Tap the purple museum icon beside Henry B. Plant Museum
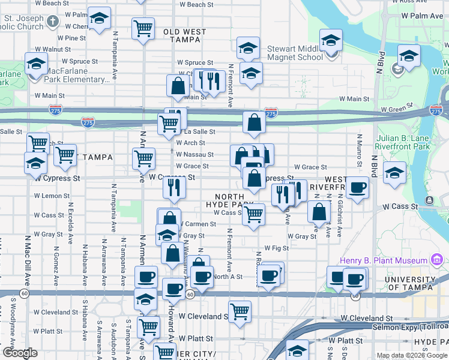[437, 260]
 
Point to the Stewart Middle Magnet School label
[292, 53]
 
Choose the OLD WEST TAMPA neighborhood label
[185, 35]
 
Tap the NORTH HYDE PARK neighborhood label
[229, 201]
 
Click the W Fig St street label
[277, 248]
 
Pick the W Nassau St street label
[194, 154]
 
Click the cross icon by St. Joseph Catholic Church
[53, 22]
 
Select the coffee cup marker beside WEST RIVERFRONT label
[358, 187]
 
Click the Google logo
[20, 352]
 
